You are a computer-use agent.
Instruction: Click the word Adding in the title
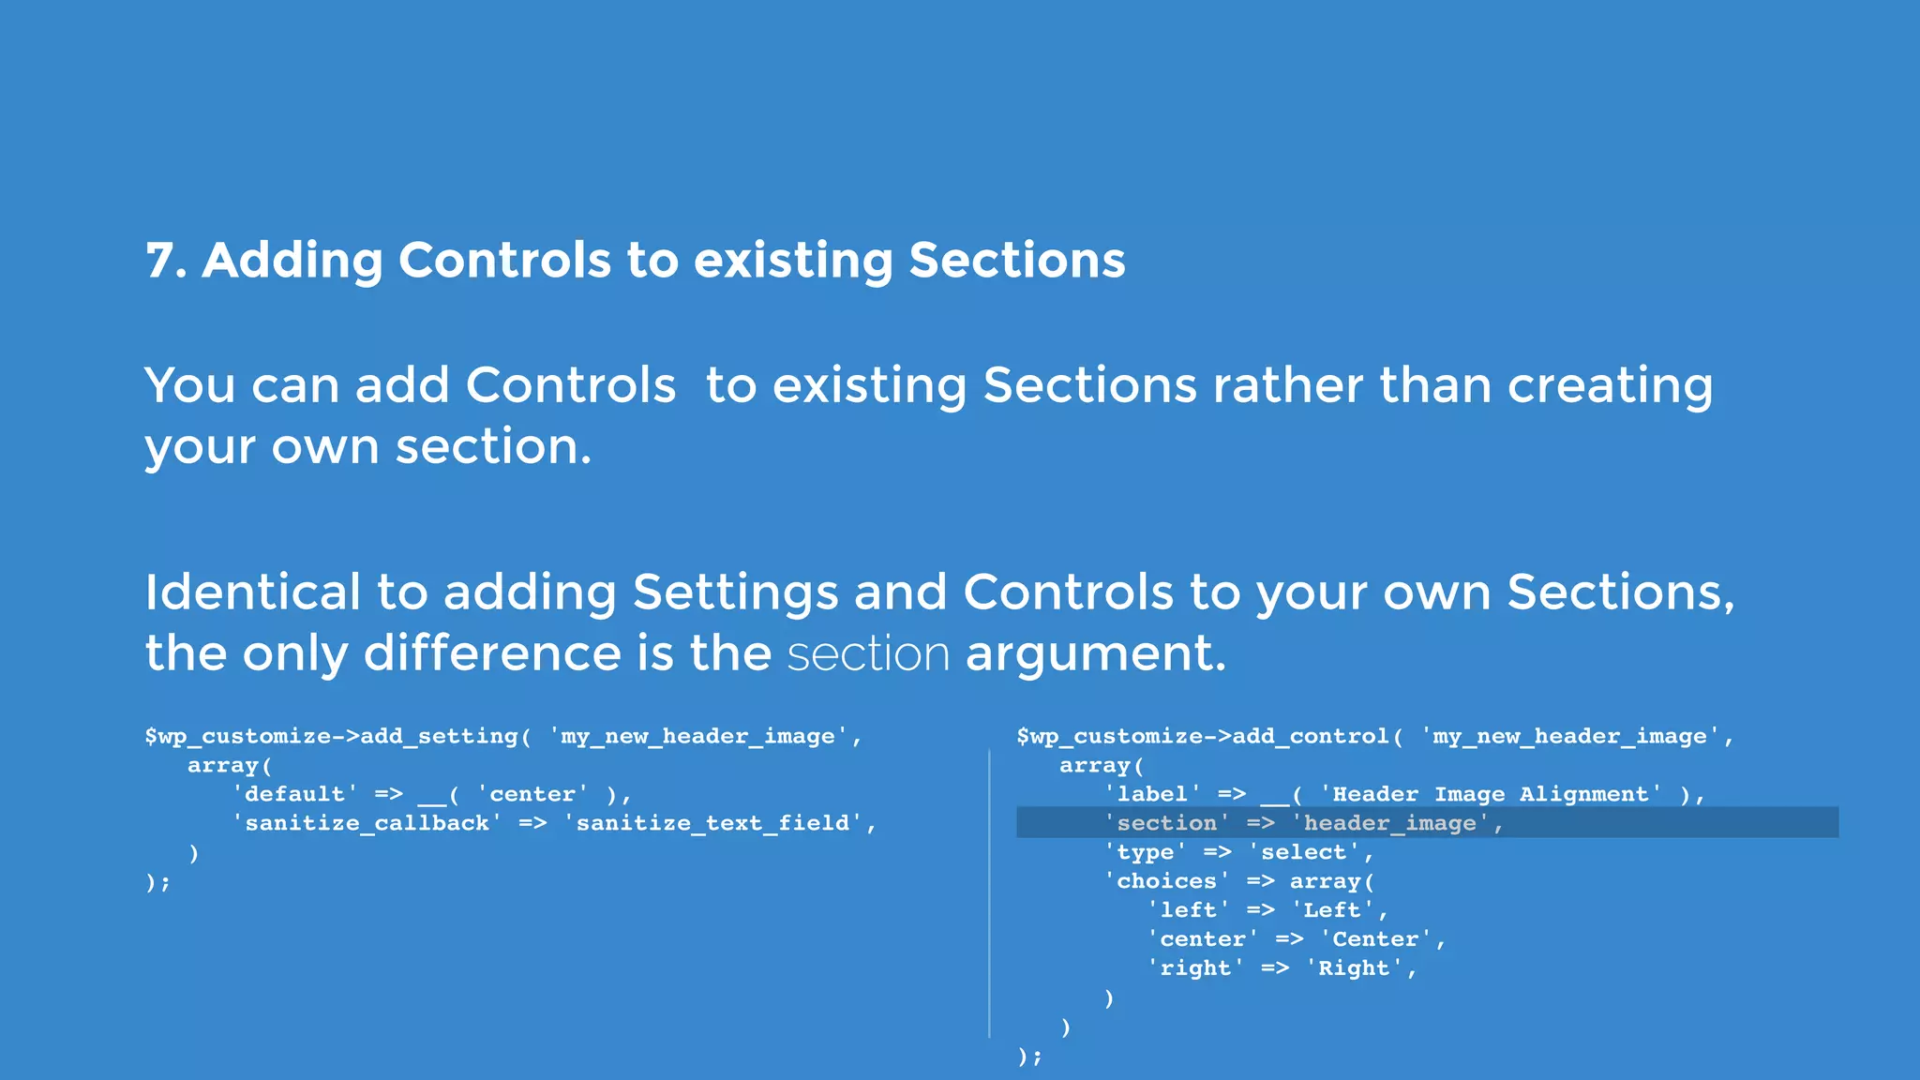pos(292,261)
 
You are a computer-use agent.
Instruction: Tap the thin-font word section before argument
pos(868,653)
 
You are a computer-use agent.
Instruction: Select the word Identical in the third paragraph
pos(252,592)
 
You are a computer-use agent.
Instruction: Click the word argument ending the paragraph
pos(1095,653)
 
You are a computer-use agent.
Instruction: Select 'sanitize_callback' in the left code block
pos(367,823)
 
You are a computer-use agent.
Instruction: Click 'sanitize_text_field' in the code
pos(712,823)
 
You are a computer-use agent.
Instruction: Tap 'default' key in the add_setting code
pos(294,794)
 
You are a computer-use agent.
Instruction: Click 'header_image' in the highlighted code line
pos(1389,823)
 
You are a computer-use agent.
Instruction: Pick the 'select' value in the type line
pos(1303,852)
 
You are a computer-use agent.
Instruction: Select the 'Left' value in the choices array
pos(1331,910)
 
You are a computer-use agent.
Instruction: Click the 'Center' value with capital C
pos(1375,939)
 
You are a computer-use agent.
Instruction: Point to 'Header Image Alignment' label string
pos(1490,794)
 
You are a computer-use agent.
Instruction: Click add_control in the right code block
pos(1310,737)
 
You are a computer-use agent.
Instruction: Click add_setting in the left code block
pos(439,737)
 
